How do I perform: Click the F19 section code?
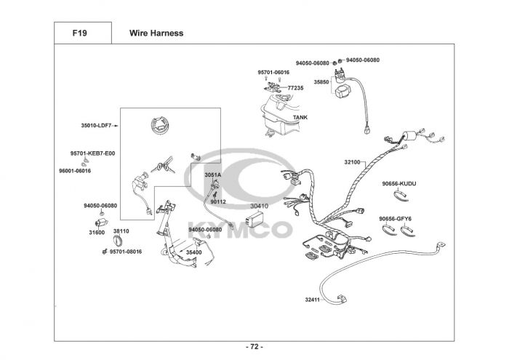pyautogui.click(x=79, y=33)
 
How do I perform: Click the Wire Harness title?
pyautogui.click(x=156, y=33)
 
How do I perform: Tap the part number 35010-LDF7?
pyautogui.click(x=96, y=125)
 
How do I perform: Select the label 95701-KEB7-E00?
pyautogui.click(x=92, y=153)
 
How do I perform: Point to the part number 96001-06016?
pyautogui.click(x=75, y=171)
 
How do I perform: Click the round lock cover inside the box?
pyautogui.click(x=160, y=125)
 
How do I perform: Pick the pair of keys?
pyautogui.click(x=164, y=166)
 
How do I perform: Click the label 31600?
pyautogui.click(x=97, y=233)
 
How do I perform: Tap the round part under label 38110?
pyautogui.click(x=118, y=241)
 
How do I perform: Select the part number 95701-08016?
pyautogui.click(x=126, y=252)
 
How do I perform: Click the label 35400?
pyautogui.click(x=194, y=252)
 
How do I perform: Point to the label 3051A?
pyautogui.click(x=212, y=175)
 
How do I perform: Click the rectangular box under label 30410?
pyautogui.click(x=255, y=219)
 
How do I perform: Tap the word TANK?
pyautogui.click(x=300, y=117)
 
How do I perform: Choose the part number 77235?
pyautogui.click(x=295, y=88)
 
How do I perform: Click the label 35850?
pyautogui.click(x=321, y=81)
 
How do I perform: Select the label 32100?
pyautogui.click(x=352, y=162)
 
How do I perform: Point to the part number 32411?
pyautogui.click(x=312, y=300)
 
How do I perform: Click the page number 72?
pyautogui.click(x=254, y=347)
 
